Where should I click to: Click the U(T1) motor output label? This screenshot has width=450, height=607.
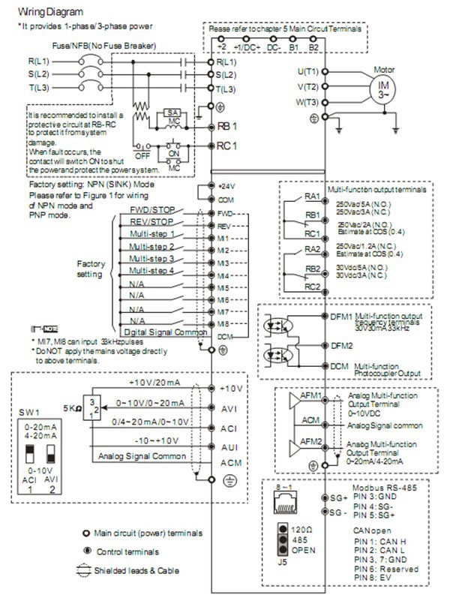pos(308,71)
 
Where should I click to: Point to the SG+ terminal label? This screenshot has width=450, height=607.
pos(340,497)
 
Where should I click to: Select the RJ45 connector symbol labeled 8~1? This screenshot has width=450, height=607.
pos(285,502)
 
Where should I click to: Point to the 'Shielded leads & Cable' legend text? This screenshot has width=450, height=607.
pos(136,569)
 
